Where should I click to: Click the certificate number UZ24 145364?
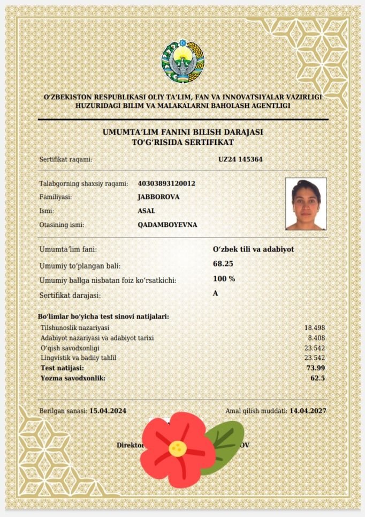(x=240, y=159)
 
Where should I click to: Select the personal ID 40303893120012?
(x=166, y=183)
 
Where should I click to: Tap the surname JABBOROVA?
(x=158, y=197)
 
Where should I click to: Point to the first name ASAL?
(x=147, y=211)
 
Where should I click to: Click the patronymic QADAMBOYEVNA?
(x=167, y=225)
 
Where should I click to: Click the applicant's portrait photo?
(x=306, y=204)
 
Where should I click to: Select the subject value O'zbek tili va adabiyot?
(x=253, y=249)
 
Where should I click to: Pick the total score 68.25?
(x=223, y=264)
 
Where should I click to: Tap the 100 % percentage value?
(x=224, y=279)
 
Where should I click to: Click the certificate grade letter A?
(x=216, y=293)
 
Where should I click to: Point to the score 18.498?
(x=315, y=328)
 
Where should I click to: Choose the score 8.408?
(x=317, y=338)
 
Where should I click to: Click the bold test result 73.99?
(x=316, y=368)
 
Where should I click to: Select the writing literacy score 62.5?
(x=317, y=378)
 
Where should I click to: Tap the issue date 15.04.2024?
(x=108, y=411)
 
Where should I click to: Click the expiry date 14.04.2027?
(x=308, y=411)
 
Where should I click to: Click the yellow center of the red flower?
(x=177, y=447)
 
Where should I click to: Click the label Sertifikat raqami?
(x=66, y=159)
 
